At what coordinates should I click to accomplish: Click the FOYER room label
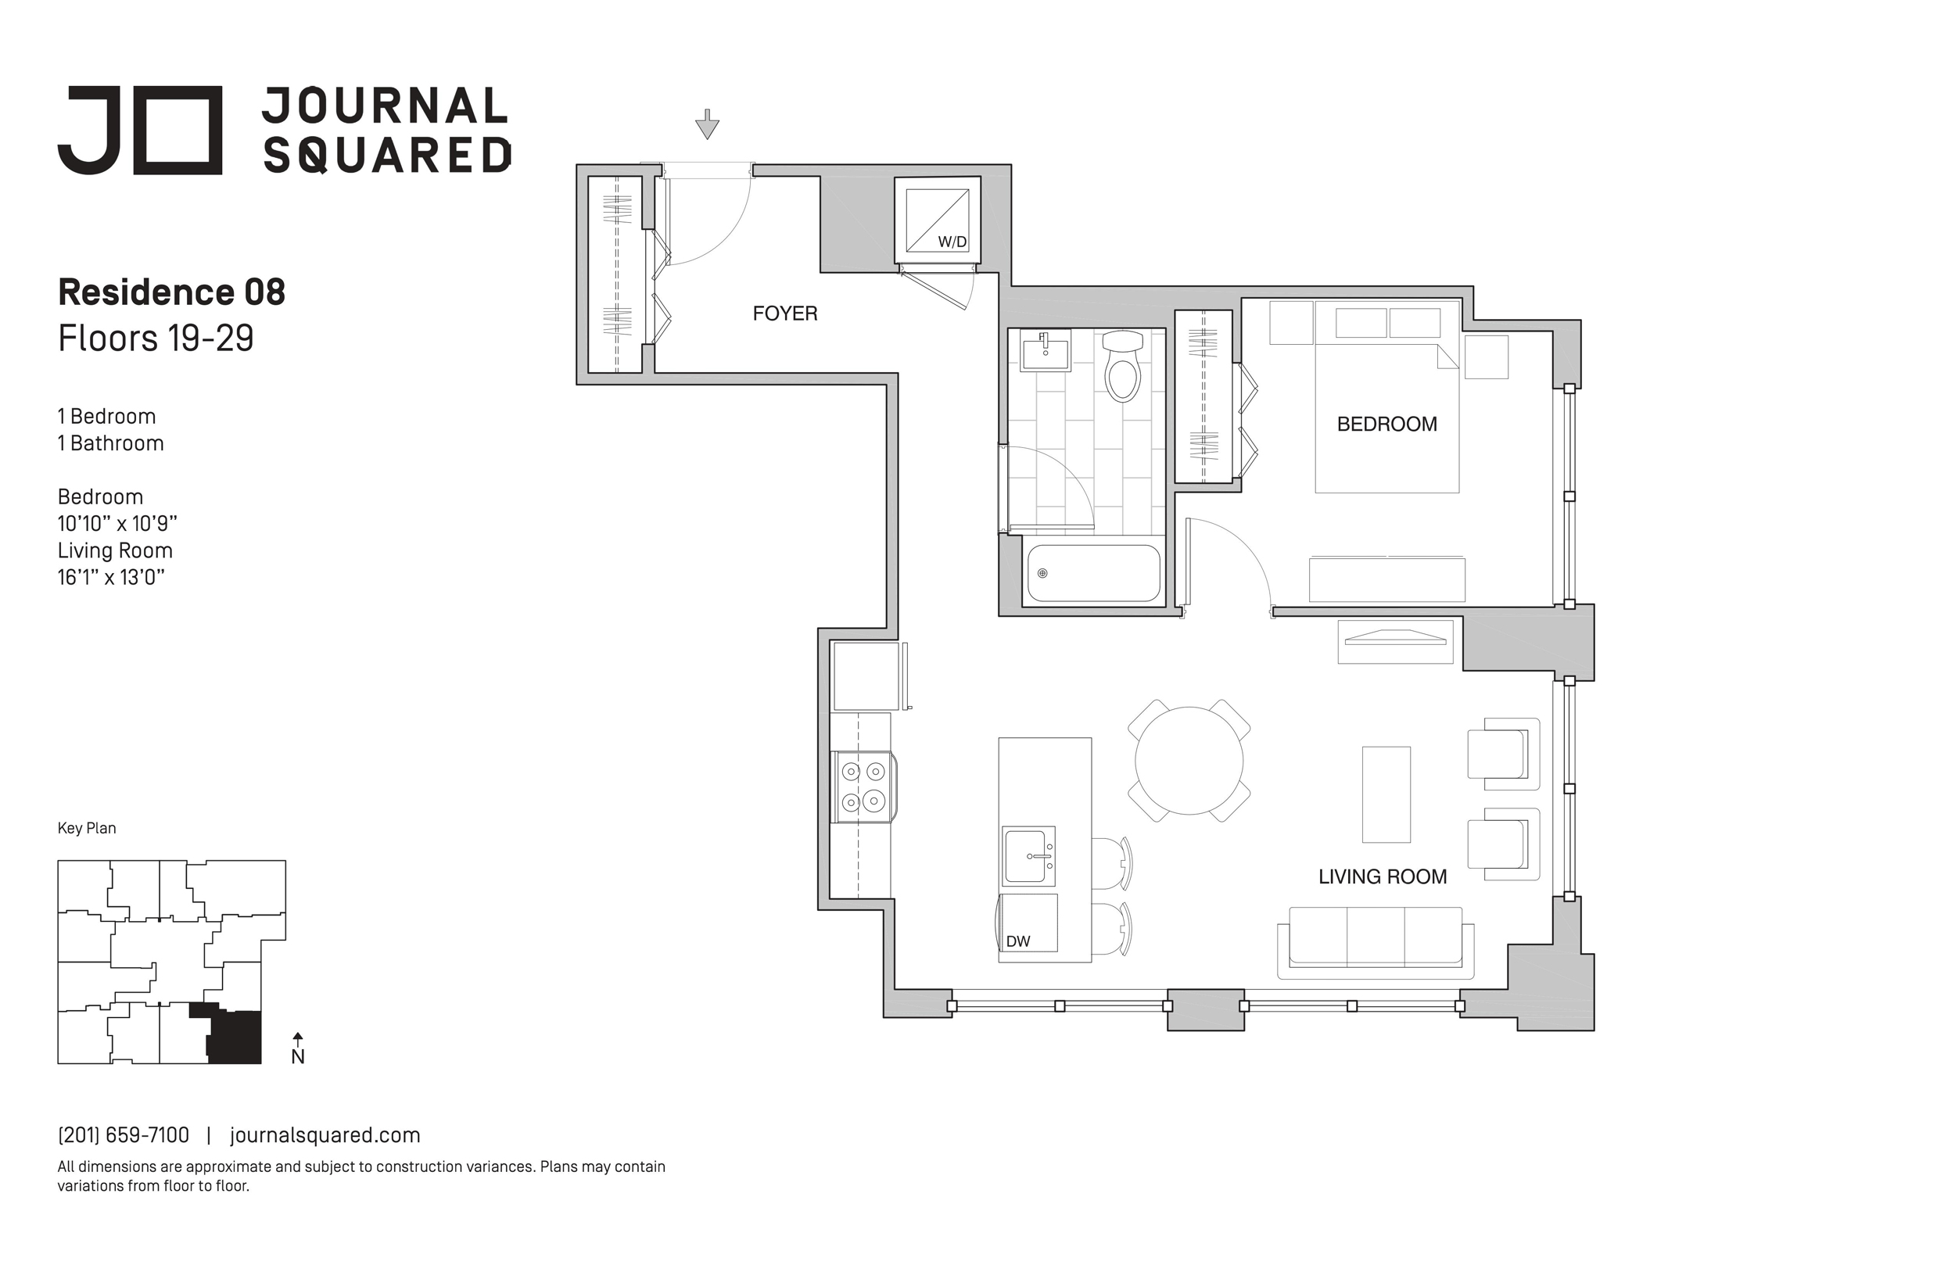[x=785, y=314]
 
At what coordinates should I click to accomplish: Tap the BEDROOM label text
[x=1387, y=425]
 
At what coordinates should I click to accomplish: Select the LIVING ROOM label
[x=1383, y=877]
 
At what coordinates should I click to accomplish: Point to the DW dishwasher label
[x=1017, y=941]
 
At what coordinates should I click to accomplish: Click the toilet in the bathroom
[x=1122, y=366]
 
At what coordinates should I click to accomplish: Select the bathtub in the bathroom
[x=1094, y=573]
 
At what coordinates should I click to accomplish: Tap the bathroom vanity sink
[x=1046, y=351]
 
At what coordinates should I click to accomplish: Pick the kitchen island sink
[x=1028, y=856]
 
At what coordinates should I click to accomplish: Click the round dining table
[x=1189, y=761]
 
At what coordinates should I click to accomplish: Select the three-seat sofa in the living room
[x=1376, y=942]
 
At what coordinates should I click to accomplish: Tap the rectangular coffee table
[x=1386, y=794]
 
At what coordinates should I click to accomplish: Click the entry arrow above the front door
[x=707, y=124]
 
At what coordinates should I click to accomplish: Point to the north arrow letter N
[x=298, y=1057]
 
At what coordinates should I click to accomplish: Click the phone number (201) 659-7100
[x=124, y=1135]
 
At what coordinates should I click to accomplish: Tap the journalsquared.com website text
[x=325, y=1135]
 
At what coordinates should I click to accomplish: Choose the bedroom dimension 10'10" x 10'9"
[x=117, y=523]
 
